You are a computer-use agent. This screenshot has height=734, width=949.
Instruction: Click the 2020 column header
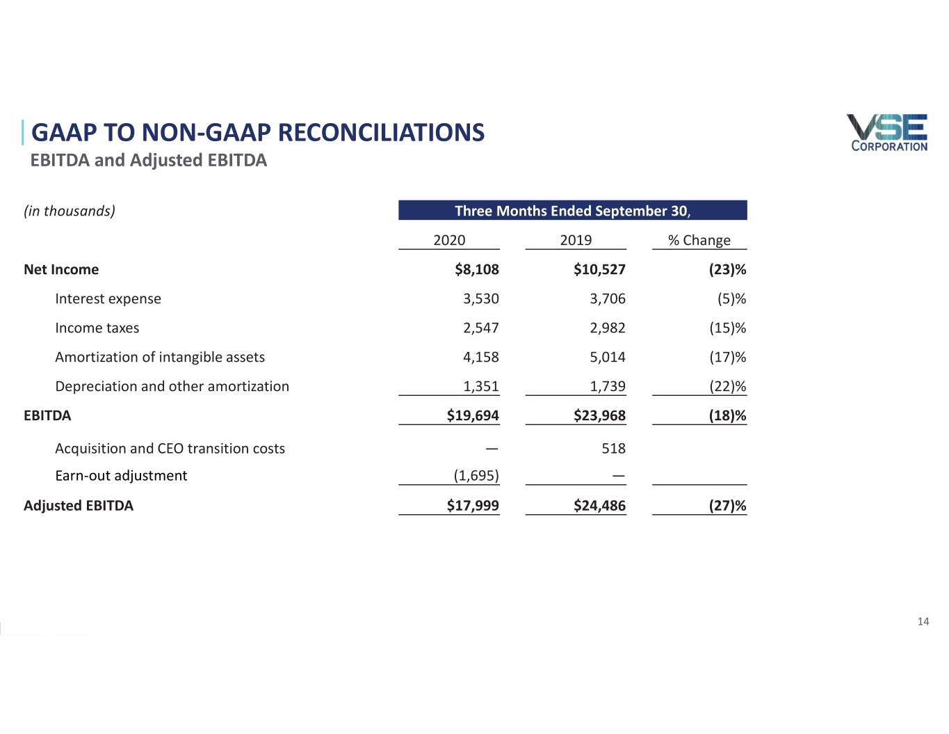[x=449, y=240]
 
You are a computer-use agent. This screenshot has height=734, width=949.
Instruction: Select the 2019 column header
[x=576, y=240]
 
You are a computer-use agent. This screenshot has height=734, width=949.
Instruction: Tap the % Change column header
[x=699, y=240]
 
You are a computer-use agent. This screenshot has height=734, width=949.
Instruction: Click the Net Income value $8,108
[x=477, y=269]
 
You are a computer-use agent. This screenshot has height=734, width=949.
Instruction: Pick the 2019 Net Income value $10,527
[x=599, y=269]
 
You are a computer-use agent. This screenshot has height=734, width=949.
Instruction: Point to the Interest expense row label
[x=108, y=298]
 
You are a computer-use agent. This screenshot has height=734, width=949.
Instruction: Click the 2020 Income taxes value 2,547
[x=481, y=328]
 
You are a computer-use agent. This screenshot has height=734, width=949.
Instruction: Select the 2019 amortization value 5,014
[x=608, y=357]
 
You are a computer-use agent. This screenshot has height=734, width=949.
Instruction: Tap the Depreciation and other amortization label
[x=172, y=386]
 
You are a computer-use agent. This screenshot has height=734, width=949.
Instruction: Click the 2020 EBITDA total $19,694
[x=473, y=415]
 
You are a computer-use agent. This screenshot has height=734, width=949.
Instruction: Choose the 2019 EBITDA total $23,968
[x=599, y=415]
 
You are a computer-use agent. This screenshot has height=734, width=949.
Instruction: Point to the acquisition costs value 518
[x=613, y=449]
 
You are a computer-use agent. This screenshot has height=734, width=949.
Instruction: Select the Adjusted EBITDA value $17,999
[x=473, y=506]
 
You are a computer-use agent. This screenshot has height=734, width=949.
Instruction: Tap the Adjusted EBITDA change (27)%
[x=727, y=506]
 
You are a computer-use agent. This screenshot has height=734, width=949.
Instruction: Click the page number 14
[x=923, y=621]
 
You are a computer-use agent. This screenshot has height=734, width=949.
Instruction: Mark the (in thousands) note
[x=70, y=211]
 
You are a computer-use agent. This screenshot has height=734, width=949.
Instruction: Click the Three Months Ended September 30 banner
[x=572, y=211]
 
